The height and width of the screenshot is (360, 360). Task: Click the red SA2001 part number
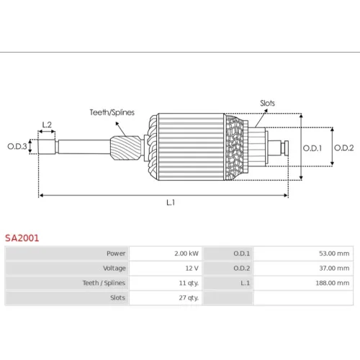coord(22,238)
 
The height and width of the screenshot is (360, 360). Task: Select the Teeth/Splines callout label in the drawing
coord(112,112)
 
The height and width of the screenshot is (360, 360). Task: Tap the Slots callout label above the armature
coord(267,103)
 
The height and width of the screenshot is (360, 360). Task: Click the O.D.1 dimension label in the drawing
coord(312,148)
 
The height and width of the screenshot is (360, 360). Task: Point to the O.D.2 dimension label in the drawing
coord(344,148)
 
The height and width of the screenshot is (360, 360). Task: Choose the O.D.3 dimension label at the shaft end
coord(17,146)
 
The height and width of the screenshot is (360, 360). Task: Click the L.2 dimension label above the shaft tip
coord(47,125)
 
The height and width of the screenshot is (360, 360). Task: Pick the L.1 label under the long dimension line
coord(171,203)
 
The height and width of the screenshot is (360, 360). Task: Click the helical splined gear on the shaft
coord(126,148)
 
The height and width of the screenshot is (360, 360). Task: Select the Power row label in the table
coord(116,253)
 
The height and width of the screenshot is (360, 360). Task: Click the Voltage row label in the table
coord(114,269)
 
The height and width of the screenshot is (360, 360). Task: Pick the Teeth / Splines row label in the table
coord(104,283)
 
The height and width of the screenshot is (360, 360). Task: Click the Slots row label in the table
coord(117,298)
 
